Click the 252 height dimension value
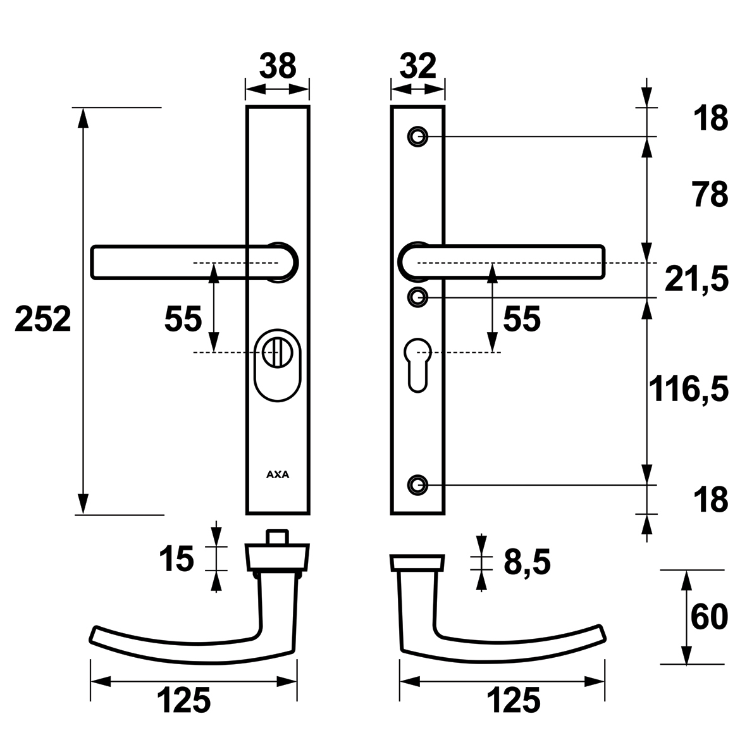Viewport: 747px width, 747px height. coord(43,319)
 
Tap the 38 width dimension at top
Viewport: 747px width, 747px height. coord(278,66)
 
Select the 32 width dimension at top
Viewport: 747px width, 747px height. coord(418,66)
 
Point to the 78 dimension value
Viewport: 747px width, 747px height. coord(710,194)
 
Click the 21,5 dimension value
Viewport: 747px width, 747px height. coord(696,280)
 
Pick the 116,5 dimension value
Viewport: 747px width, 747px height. coord(689,389)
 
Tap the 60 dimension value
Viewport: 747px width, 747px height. coord(709,617)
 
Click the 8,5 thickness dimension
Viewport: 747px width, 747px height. coord(527,562)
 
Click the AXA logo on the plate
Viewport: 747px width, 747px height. coord(278,474)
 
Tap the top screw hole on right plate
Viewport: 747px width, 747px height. coord(418,137)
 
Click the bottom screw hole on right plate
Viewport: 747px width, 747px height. coord(418,485)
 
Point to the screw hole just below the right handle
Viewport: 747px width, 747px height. coord(418,298)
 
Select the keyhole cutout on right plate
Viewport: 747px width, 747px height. coord(418,365)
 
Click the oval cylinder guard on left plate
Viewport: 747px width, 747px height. coord(278,363)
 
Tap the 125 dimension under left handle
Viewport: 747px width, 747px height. coord(183,700)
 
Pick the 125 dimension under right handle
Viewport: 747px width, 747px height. coord(514,700)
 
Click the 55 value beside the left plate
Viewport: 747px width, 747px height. coord(183,319)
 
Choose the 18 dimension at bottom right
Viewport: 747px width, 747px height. coord(710,499)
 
